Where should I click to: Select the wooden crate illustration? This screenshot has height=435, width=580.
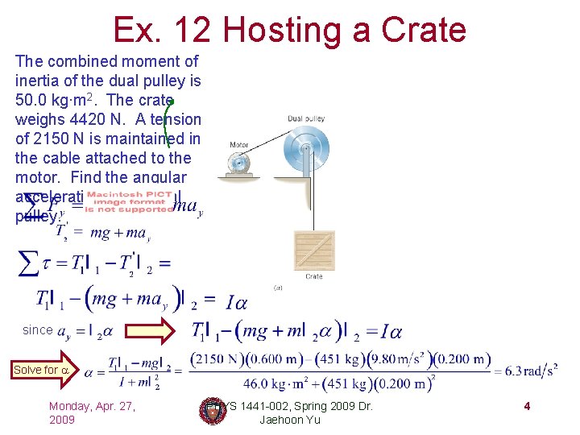tap(314, 251)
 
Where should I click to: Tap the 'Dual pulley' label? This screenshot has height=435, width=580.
tap(306, 119)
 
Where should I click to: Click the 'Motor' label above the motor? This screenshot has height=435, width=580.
tap(239, 146)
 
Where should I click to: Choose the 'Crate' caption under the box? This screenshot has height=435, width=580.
tap(314, 276)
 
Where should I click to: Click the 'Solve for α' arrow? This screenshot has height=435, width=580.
tap(34, 370)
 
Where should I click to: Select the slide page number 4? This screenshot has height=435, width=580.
tap(526, 406)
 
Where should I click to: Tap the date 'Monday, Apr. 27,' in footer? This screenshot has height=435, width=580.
tap(92, 405)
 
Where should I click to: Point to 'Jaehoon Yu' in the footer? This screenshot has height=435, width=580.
tap(290, 420)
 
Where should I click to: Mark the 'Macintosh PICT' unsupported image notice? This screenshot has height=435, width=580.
tap(130, 202)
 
